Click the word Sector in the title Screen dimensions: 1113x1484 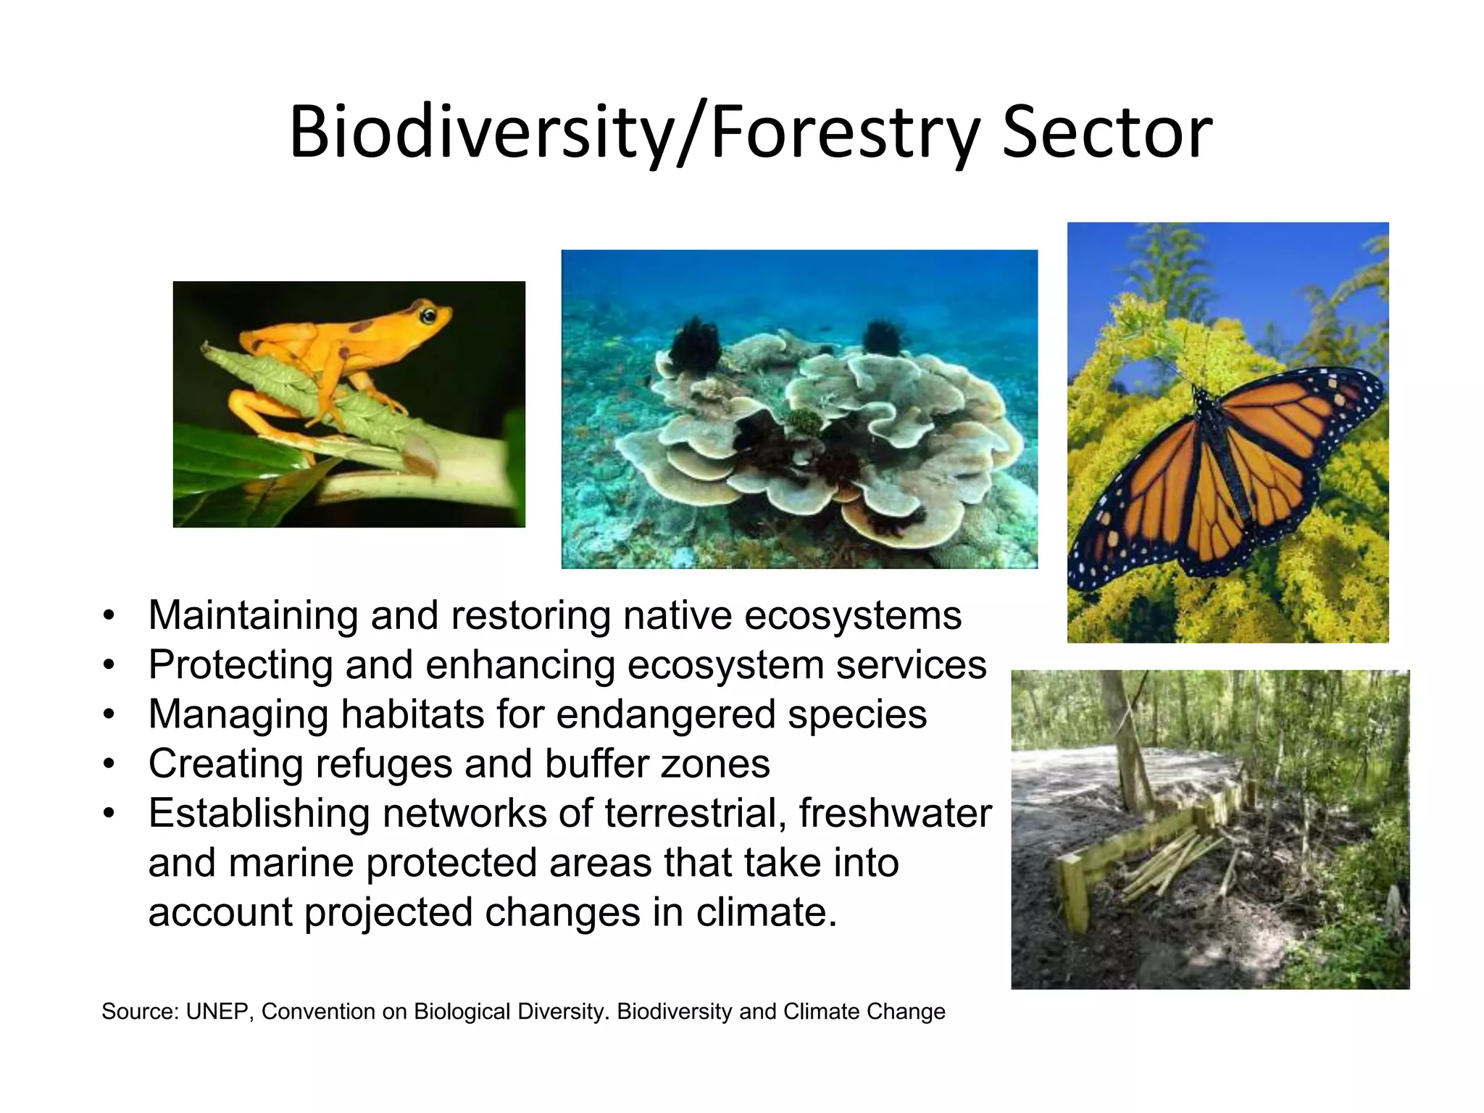[1107, 133]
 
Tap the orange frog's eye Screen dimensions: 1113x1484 [429, 315]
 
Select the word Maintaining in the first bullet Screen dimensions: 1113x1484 [253, 616]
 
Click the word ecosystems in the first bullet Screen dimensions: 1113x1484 [853, 616]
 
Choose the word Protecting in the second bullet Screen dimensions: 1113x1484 [240, 665]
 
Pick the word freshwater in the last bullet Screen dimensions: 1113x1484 [896, 813]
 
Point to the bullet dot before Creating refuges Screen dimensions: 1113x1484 [109, 764]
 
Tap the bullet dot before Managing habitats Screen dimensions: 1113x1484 [109, 715]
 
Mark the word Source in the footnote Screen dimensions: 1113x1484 [136, 1012]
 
